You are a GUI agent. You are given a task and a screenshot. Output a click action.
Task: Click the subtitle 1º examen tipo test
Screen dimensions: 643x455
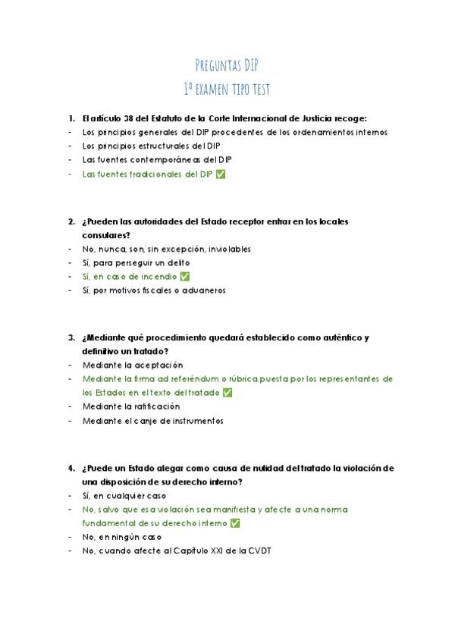(x=227, y=89)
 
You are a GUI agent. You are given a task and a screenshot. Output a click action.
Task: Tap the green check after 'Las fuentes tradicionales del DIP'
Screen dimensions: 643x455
(x=221, y=174)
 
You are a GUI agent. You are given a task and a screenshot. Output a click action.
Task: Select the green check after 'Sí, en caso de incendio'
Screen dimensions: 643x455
(x=184, y=276)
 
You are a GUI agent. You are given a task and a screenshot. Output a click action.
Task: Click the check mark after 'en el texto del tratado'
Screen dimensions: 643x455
(x=227, y=392)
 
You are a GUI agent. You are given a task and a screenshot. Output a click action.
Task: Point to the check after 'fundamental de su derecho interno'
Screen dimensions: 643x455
(x=235, y=523)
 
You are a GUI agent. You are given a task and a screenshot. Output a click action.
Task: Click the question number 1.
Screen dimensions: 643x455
(x=71, y=118)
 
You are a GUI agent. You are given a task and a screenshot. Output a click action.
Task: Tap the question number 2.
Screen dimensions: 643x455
(x=71, y=221)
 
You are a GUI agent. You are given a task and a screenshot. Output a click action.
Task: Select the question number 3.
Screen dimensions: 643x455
(x=71, y=337)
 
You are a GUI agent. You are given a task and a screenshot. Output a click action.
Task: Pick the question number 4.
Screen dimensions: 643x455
(x=71, y=468)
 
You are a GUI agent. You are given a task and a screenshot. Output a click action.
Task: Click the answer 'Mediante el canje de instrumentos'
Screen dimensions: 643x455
(x=153, y=420)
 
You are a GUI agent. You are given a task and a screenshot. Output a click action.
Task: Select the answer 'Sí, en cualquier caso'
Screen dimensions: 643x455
(x=124, y=495)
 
